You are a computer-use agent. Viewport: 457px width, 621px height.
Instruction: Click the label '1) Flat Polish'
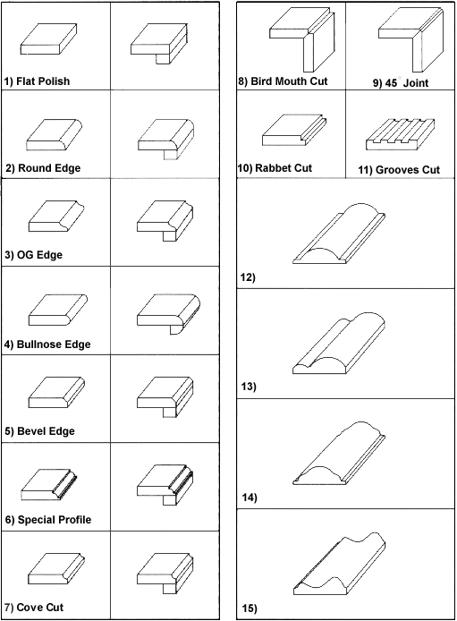[37, 81]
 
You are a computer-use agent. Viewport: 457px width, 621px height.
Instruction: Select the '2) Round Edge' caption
[43, 168]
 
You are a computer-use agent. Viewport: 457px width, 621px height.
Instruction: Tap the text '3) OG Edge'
[34, 255]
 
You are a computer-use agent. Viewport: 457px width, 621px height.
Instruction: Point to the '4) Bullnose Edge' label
[47, 345]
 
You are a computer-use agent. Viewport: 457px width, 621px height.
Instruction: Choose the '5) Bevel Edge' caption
[39, 431]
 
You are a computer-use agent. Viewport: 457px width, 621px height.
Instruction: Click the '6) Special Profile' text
[48, 520]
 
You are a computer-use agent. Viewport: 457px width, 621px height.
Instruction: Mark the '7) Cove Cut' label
[34, 608]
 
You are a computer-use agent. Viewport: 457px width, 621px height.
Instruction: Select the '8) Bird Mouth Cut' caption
[283, 81]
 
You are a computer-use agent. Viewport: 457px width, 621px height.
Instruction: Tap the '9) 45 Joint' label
[401, 83]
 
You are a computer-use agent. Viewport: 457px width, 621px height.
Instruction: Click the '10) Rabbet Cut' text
[275, 168]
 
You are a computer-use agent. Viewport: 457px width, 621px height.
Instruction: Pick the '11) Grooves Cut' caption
[399, 170]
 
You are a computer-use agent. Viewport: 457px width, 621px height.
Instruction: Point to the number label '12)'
[248, 277]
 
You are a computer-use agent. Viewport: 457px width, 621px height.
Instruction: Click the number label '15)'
[250, 608]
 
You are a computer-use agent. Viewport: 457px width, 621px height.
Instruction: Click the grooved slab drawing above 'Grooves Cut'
[401, 134]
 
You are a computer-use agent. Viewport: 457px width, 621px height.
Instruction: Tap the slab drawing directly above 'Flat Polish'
[48, 39]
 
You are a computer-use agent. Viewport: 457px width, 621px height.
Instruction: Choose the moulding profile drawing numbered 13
[339, 343]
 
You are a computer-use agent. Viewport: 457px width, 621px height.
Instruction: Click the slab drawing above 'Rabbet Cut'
[295, 130]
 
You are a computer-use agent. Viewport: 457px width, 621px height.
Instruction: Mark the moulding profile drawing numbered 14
[339, 453]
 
